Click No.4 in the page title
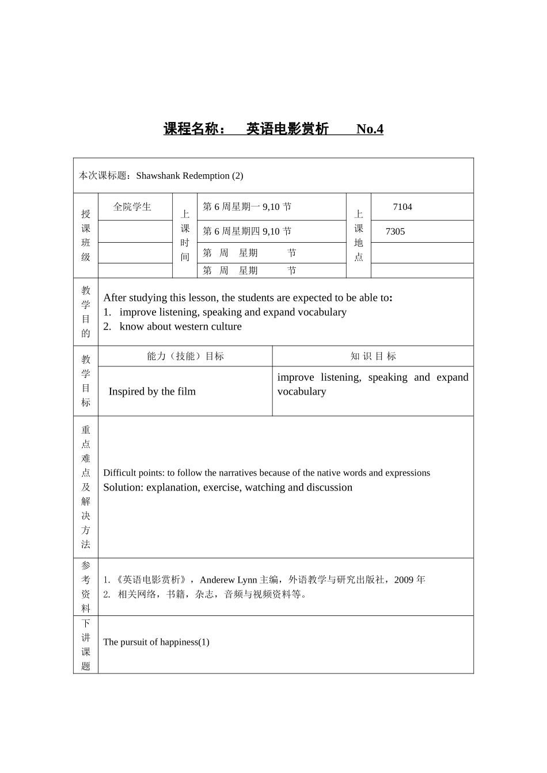[370, 129]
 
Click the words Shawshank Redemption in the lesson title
[183, 176]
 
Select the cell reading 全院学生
[132, 207]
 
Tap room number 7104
[402, 207]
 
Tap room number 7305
[395, 232]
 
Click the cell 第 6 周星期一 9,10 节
[247, 207]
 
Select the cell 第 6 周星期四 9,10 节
[247, 232]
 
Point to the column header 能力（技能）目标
[185, 357]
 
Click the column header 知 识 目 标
[373, 357]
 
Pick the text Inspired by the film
[152, 392]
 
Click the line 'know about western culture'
[180, 327]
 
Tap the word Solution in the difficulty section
[123, 488]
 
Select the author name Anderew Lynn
[228, 580]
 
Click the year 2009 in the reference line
[404, 580]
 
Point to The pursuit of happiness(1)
[156, 642]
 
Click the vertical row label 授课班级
[86, 236]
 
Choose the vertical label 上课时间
[185, 236]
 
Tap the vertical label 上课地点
[359, 236]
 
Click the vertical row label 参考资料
[86, 587]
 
